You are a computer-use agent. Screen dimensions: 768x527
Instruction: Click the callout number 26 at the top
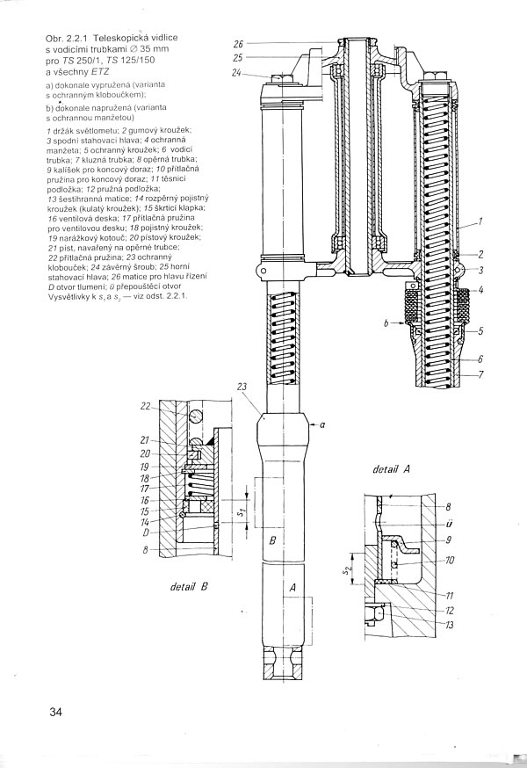[x=238, y=44]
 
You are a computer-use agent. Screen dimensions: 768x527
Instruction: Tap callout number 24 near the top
[x=238, y=74]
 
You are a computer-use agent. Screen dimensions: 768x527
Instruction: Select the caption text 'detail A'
[x=393, y=470]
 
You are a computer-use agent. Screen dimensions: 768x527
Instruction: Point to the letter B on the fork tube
[x=273, y=541]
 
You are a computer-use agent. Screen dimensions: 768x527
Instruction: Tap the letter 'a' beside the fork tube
[x=323, y=424]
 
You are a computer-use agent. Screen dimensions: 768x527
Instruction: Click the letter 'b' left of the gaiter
[x=386, y=323]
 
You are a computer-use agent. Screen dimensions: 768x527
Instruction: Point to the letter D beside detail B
[x=147, y=533]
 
